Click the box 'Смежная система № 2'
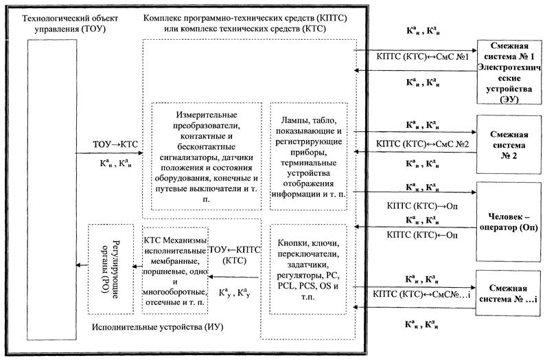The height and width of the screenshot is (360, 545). pos(509,146)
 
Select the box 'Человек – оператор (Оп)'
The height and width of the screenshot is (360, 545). pos(509,221)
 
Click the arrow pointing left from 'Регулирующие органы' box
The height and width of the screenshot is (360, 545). pos(80,269)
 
